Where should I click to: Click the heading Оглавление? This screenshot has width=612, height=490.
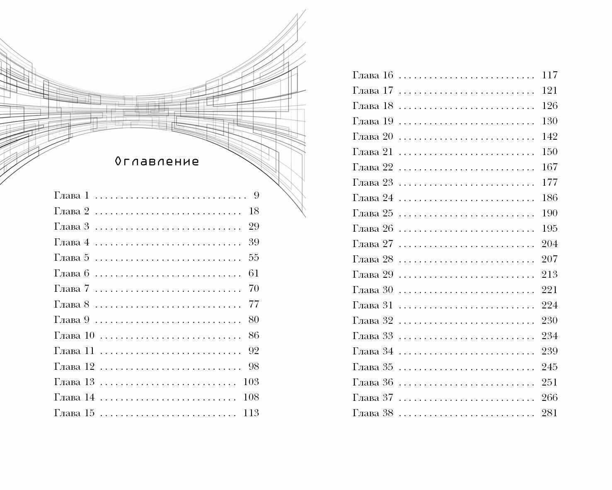[x=157, y=161]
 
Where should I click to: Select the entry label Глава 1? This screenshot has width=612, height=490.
[x=72, y=195]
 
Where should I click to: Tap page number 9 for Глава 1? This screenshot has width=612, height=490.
[x=256, y=195]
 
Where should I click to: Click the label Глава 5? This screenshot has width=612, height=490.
[x=72, y=257]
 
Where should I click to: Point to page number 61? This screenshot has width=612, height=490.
[x=254, y=273]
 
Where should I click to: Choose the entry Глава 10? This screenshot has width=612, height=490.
[x=74, y=335]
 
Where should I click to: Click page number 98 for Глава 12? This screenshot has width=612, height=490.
[x=254, y=366]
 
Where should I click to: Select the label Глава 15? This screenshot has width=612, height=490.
[x=74, y=413]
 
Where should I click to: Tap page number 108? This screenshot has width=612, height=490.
[x=251, y=397]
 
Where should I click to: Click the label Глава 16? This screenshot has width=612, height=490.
[x=373, y=75]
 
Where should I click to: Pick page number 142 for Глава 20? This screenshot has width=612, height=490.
[x=549, y=136]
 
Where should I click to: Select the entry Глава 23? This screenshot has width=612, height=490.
[x=373, y=182]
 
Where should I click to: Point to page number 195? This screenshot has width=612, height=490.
[x=549, y=228]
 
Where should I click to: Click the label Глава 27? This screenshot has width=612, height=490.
[x=373, y=244]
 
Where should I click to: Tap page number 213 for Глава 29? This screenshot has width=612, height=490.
[x=549, y=274]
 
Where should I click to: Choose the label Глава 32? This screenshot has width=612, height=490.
[x=373, y=320]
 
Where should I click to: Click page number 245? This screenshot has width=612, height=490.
[x=549, y=367]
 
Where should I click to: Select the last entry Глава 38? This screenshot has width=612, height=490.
[x=373, y=413]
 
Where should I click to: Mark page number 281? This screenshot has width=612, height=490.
[x=549, y=413]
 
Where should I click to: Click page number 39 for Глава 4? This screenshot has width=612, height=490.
[x=254, y=242]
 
